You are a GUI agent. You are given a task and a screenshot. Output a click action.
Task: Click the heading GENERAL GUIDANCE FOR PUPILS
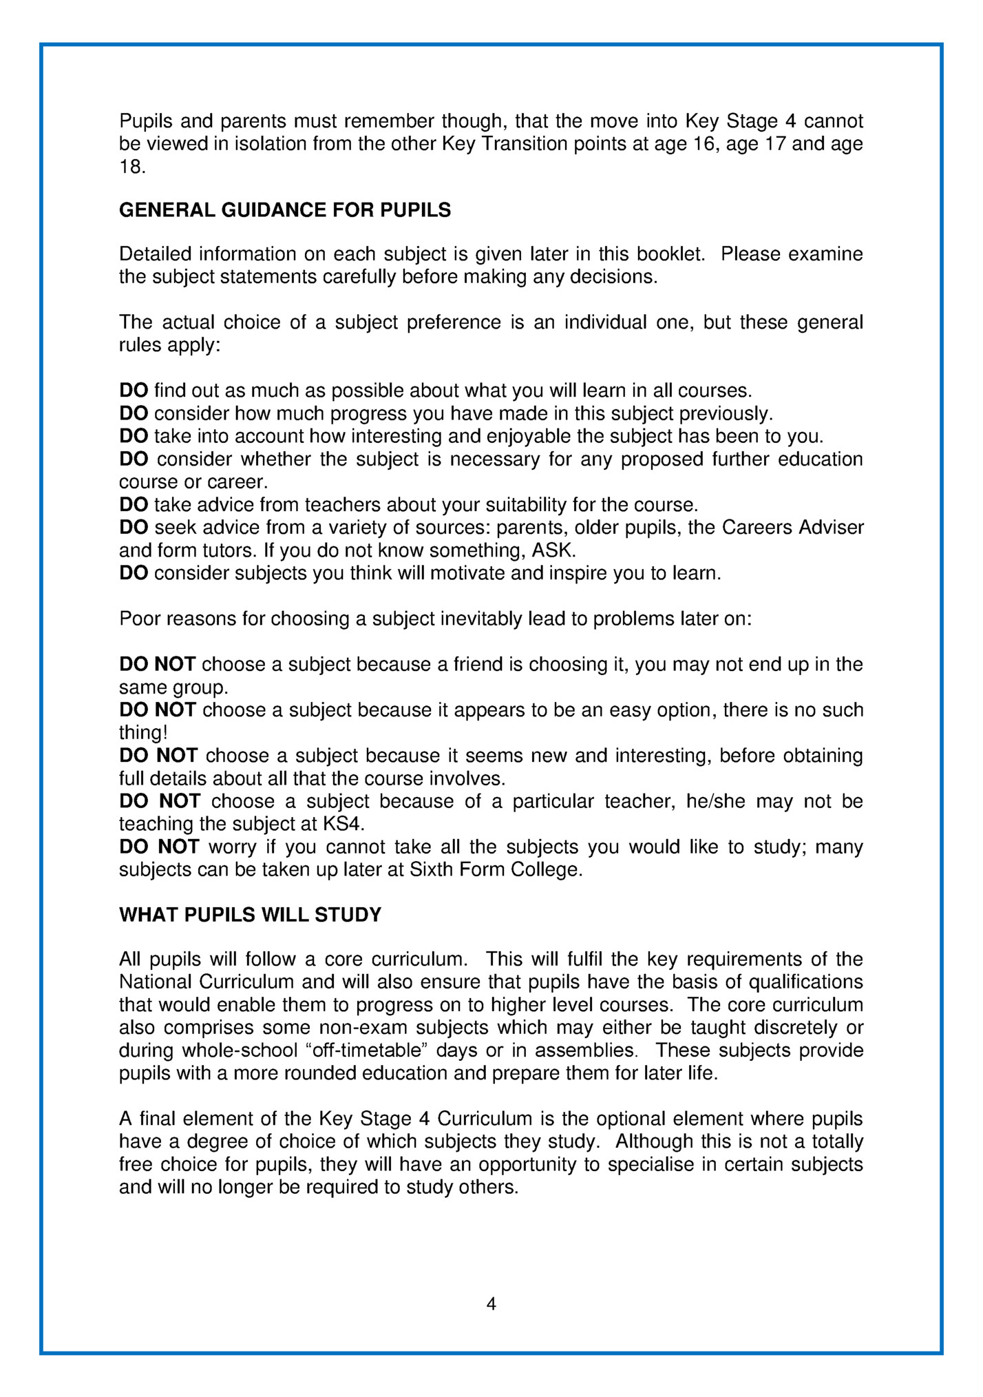pos(285,210)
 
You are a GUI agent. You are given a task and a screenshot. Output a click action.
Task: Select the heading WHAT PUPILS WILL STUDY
pos(250,915)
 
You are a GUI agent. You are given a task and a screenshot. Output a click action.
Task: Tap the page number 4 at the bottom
pos(491,1303)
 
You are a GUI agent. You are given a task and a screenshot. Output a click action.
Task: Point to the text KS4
pos(341,824)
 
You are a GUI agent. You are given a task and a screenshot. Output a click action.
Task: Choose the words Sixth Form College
pos(496,869)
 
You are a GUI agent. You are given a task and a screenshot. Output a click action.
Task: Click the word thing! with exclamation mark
pos(143,733)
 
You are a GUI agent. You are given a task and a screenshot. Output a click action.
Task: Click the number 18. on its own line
pos(132,167)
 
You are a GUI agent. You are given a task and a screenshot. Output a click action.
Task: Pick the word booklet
pos(671,254)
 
